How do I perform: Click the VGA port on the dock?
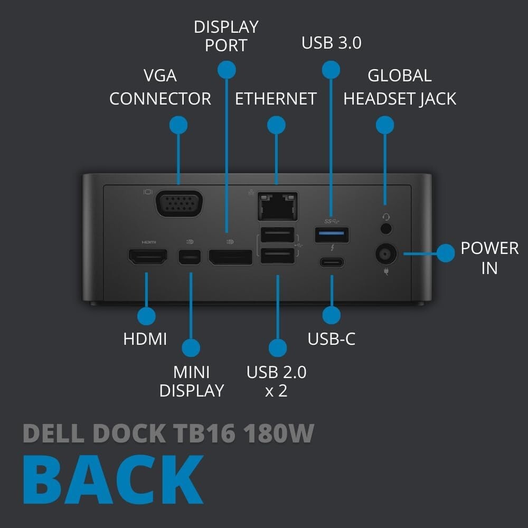coord(179,203)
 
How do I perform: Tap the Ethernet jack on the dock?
coord(277,205)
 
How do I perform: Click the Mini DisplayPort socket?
coord(190,258)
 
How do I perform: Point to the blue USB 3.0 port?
coord(332,234)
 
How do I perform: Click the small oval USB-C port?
coord(332,262)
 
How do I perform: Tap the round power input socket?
coord(386,254)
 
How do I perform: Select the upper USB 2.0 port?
coord(277,234)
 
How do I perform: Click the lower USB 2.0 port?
coord(277,256)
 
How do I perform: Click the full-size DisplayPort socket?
coord(230,258)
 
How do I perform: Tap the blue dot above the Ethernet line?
coord(277,125)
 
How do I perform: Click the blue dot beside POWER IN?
coord(446,253)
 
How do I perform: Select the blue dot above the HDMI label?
coord(146,316)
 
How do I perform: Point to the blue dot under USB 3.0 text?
coord(331,69)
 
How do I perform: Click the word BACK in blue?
coord(113,480)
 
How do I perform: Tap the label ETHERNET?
coord(276,99)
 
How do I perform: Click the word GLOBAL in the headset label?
coord(400,76)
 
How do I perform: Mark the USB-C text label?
coord(332,338)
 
